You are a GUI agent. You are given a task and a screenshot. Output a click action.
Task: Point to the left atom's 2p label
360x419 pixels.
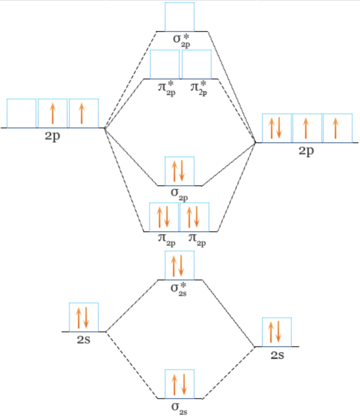(52, 136)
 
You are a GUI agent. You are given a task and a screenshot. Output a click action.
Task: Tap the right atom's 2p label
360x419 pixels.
(306, 151)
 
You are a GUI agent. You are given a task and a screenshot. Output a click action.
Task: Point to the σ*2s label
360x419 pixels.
(179, 289)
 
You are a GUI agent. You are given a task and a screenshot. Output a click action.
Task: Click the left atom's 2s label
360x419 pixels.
(84, 340)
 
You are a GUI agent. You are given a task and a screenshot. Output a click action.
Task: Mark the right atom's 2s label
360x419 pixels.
(277, 355)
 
